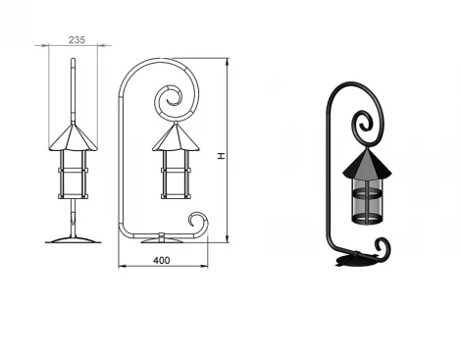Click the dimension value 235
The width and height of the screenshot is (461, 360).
[x=77, y=39]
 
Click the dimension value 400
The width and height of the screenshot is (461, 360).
[x=162, y=259]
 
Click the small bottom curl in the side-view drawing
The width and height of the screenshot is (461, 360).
[x=199, y=223]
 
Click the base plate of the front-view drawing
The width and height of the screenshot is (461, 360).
[x=73, y=239]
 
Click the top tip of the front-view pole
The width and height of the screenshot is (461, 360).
[x=73, y=62]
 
